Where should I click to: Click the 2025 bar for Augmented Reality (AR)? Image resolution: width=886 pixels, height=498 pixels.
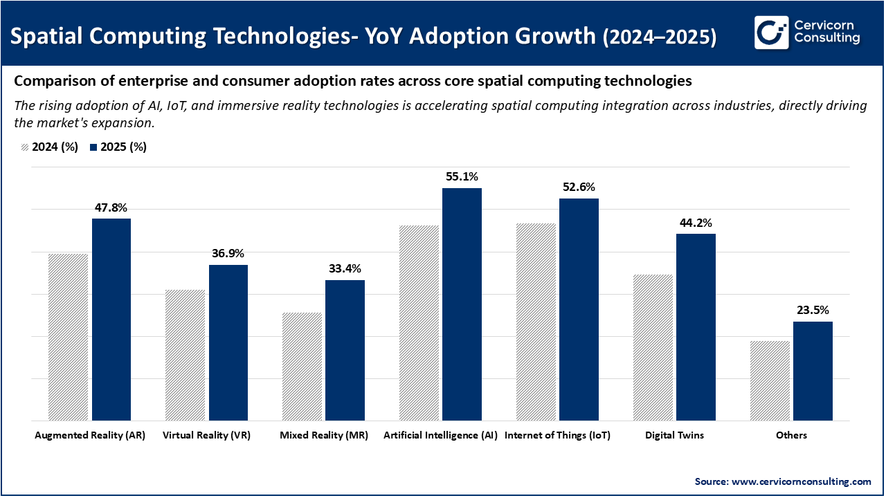pyautogui.click(x=111, y=320)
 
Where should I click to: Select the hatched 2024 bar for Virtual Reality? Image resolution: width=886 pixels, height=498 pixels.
pyautogui.click(x=185, y=355)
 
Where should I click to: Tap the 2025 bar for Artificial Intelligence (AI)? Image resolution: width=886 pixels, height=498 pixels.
pyautogui.click(x=462, y=304)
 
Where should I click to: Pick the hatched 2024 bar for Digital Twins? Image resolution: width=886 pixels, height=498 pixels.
pyautogui.click(x=653, y=347)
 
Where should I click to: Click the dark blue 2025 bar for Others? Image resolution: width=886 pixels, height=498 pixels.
pyautogui.click(x=813, y=371)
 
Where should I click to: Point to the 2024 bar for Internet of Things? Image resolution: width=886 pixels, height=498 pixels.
pyautogui.click(x=536, y=322)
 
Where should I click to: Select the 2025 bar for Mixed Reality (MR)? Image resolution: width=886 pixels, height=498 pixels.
pyautogui.click(x=345, y=350)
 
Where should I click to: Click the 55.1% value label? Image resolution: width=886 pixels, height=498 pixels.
pyautogui.click(x=462, y=177)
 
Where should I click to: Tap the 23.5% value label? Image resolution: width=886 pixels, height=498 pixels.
pyautogui.click(x=813, y=311)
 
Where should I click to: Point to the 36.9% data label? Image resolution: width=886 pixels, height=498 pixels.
pyautogui.click(x=228, y=254)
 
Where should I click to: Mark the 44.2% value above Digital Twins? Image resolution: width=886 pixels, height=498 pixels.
pyautogui.click(x=696, y=223)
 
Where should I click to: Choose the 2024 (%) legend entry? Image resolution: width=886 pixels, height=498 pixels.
pyautogui.click(x=49, y=147)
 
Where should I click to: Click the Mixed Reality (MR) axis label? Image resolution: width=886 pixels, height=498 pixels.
pyautogui.click(x=324, y=436)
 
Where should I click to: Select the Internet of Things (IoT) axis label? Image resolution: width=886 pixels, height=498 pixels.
pyautogui.click(x=557, y=436)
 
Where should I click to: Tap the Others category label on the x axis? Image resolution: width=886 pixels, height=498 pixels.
pyautogui.click(x=791, y=436)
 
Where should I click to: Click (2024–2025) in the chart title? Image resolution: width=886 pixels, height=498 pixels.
pyautogui.click(x=660, y=37)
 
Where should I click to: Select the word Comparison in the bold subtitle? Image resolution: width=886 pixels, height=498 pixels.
pyautogui.click(x=48, y=81)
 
